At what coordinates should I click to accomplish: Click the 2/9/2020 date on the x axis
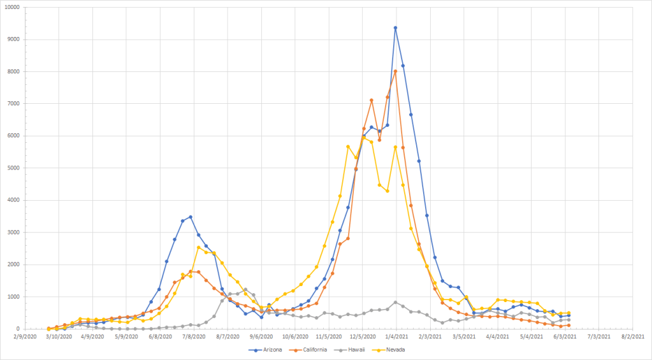point(24,336)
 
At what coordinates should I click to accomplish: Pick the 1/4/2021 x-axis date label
point(395,336)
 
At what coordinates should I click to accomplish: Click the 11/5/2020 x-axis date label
point(328,336)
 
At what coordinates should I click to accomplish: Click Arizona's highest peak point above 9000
point(395,28)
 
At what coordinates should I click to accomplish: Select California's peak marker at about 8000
point(395,71)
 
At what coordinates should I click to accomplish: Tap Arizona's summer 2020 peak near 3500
point(190,217)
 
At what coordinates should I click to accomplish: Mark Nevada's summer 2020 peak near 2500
point(198,247)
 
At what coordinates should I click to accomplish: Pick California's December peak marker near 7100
point(372,100)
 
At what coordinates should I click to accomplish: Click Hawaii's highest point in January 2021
point(395,302)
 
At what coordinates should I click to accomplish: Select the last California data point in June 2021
point(569,325)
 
